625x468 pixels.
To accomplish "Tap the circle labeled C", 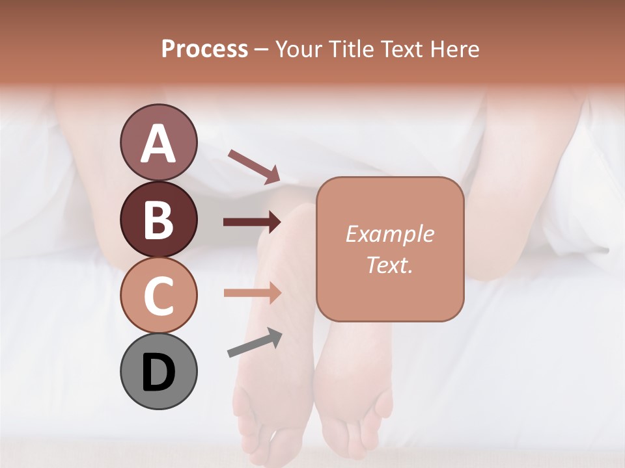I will pyautogui.click(x=158, y=295).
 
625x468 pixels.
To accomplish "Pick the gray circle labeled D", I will pyautogui.click(x=158, y=372).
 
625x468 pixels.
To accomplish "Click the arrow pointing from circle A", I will pyautogui.click(x=254, y=166).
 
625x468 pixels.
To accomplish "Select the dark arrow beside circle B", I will pyautogui.click(x=252, y=222).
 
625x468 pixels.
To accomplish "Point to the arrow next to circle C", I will pyautogui.click(x=252, y=293).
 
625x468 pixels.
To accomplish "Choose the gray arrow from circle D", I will pyautogui.click(x=255, y=343).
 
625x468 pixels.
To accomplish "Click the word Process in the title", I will pyautogui.click(x=204, y=49).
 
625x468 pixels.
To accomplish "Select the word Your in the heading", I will pyautogui.click(x=298, y=49).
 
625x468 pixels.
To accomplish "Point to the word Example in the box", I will pyautogui.click(x=389, y=234).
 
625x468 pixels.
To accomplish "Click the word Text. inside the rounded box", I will pyautogui.click(x=389, y=265).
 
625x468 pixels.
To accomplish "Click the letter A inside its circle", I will pyautogui.click(x=158, y=144).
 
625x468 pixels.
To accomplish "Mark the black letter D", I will pyautogui.click(x=158, y=372).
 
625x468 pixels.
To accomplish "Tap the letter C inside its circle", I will pyautogui.click(x=158, y=296).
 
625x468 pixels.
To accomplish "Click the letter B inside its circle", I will pyautogui.click(x=158, y=220).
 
